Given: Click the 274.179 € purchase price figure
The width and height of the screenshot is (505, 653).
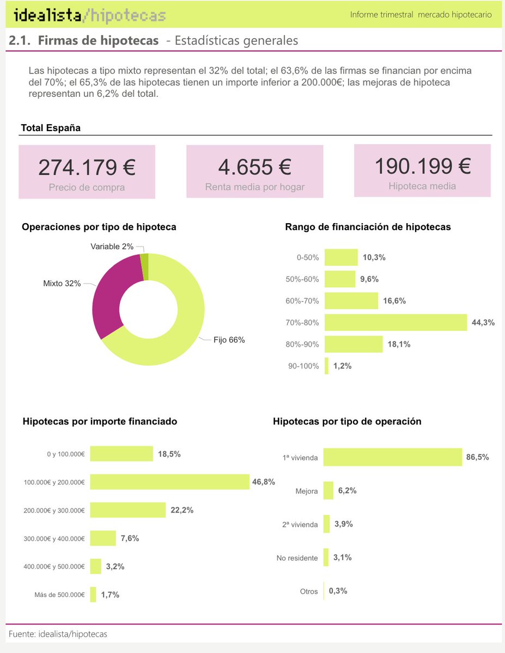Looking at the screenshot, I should [87, 167].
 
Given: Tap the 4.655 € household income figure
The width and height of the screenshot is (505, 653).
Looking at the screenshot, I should [254, 167].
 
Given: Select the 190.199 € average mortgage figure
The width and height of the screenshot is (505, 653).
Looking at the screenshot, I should [422, 165].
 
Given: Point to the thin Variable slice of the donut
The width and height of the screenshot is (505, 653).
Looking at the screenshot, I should [145, 267].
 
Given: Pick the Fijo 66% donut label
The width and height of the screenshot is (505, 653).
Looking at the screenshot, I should [229, 340].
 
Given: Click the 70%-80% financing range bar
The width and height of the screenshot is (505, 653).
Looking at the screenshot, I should [396, 322].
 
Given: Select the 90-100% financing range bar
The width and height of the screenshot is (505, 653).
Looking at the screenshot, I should [327, 366].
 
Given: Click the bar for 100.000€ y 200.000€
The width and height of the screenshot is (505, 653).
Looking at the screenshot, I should [169, 482].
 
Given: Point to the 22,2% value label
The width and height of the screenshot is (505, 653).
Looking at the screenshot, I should [182, 510].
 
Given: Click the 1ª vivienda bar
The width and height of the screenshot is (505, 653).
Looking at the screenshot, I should [392, 457].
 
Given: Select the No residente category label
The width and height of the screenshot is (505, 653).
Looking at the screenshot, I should [297, 558].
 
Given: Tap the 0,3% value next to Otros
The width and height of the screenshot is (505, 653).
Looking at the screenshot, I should [338, 591].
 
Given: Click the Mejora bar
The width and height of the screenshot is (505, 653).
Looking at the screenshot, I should [328, 490].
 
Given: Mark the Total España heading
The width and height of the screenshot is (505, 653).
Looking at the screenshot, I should [51, 128].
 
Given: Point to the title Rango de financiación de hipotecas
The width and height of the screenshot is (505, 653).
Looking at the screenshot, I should [368, 227].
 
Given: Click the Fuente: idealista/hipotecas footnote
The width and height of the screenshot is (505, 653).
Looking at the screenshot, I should [58, 634].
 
